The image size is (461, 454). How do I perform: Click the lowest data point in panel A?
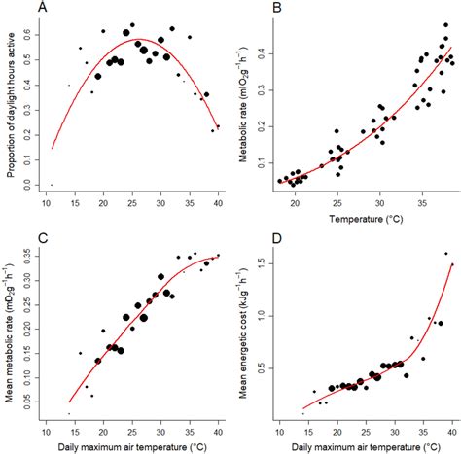point(52,185)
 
